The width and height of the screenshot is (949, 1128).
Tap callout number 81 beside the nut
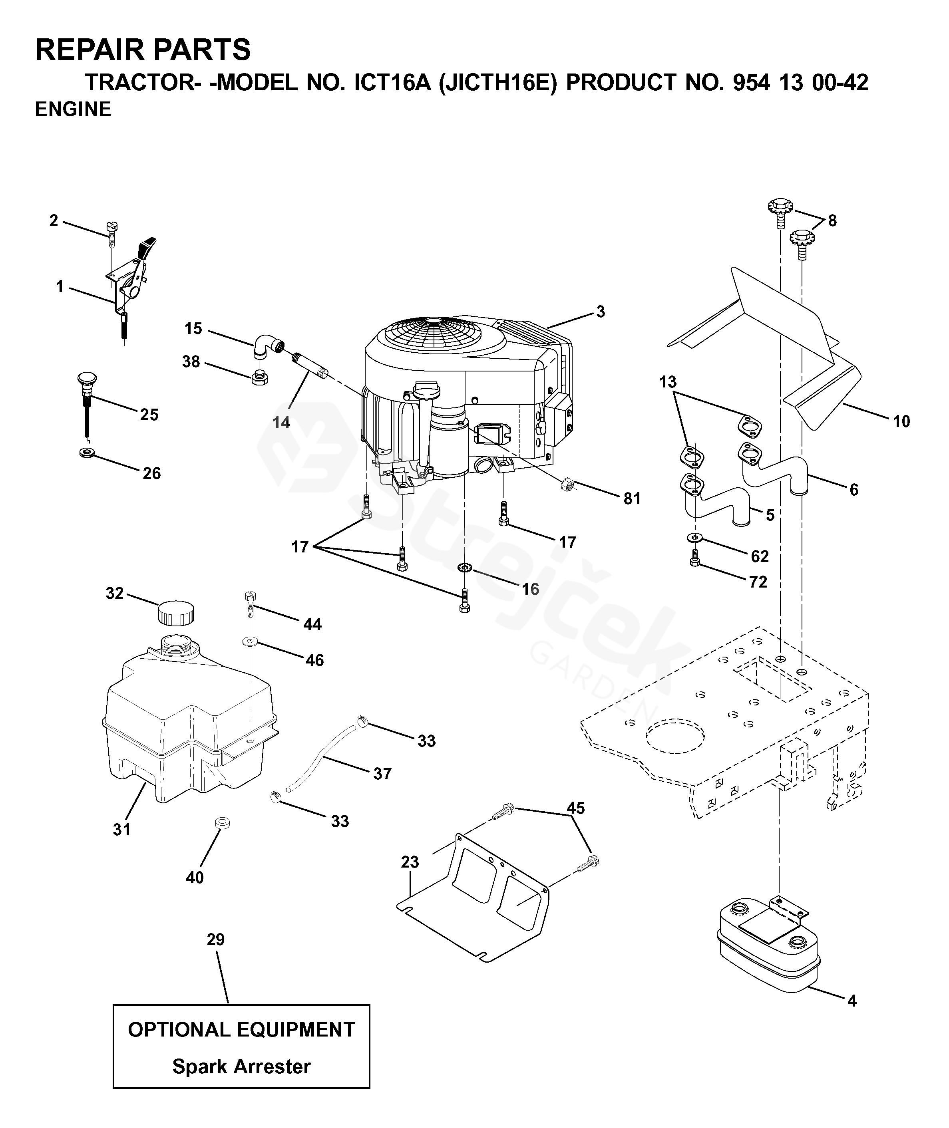(632, 498)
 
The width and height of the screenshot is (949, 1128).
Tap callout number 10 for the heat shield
(902, 421)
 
